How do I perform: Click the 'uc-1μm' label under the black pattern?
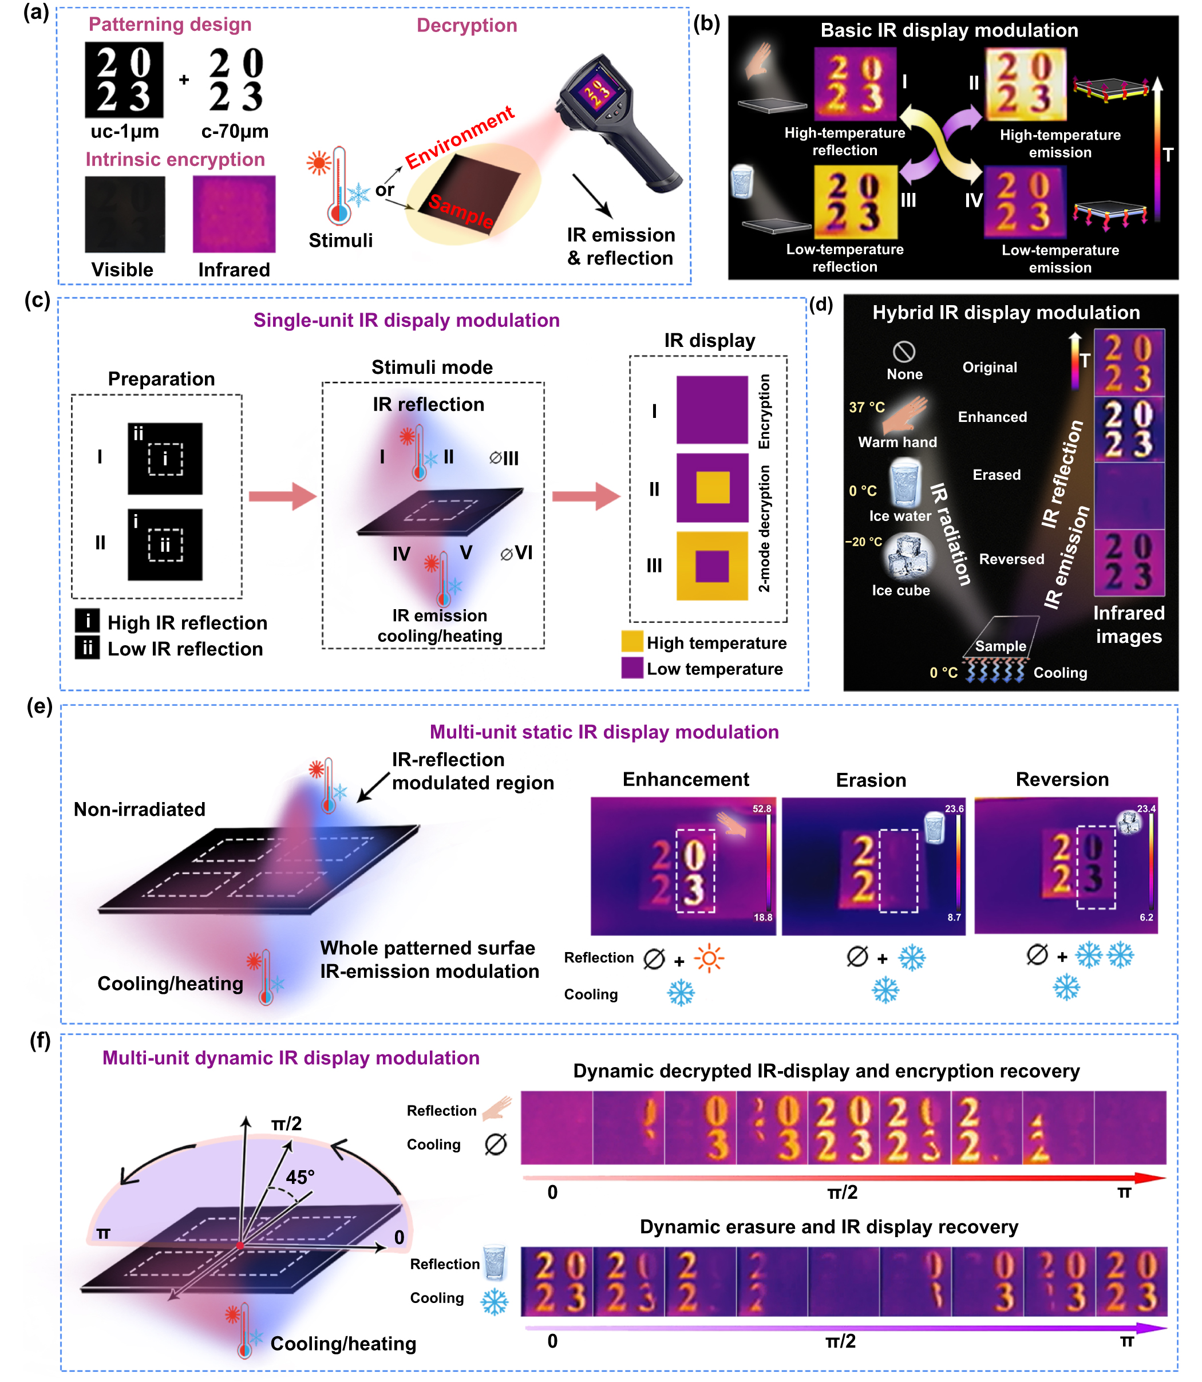click(125, 132)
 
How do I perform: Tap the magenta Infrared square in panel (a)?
click(234, 214)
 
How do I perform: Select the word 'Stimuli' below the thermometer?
click(341, 240)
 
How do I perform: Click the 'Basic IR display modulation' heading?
click(949, 31)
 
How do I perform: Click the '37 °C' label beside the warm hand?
click(867, 407)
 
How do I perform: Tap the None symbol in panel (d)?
click(904, 352)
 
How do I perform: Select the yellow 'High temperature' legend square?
click(632, 641)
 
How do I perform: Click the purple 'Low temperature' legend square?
click(632, 668)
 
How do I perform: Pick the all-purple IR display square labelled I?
click(711, 409)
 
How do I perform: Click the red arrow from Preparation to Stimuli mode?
click(282, 496)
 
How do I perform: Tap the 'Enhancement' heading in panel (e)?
click(686, 780)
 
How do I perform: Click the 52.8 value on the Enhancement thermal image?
click(762, 809)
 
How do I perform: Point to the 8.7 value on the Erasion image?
click(954, 917)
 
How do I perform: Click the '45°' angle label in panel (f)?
click(300, 1178)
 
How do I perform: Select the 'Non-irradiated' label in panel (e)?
click(140, 810)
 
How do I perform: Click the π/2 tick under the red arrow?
click(843, 1192)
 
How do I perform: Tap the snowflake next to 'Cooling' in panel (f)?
click(495, 1302)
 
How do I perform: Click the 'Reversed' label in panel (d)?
click(1011, 559)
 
